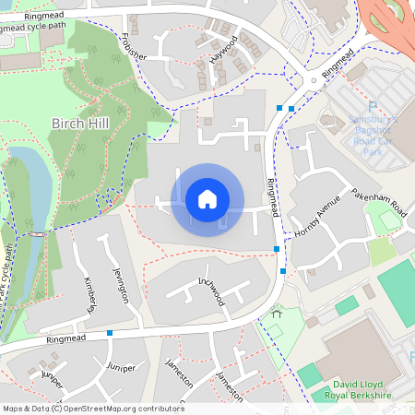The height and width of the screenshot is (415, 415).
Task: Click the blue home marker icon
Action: click(x=207, y=199)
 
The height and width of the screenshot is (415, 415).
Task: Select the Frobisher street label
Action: click(x=134, y=45)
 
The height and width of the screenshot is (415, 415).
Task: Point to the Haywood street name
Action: click(x=224, y=49)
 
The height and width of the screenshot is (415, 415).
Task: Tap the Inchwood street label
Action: click(x=210, y=290)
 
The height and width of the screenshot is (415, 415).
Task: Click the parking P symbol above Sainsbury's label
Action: click(x=373, y=107)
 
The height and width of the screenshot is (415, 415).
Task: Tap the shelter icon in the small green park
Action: click(x=276, y=315)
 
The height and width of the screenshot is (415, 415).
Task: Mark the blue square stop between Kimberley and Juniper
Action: click(x=110, y=332)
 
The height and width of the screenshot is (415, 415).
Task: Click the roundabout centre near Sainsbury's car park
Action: click(x=314, y=80)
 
